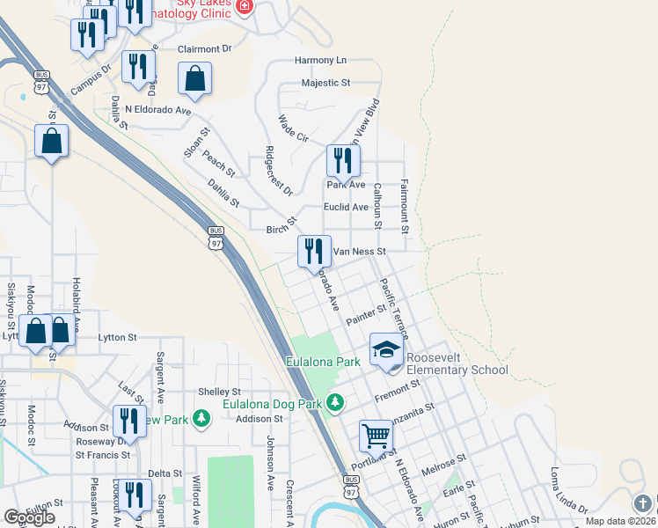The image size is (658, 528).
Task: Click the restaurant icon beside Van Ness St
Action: pyautogui.click(x=314, y=252)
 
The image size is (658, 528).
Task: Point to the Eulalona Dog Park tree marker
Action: pyautogui.click(x=334, y=403)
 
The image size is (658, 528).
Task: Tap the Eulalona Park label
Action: pyautogui.click(x=323, y=362)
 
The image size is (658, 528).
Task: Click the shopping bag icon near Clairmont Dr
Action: pyautogui.click(x=194, y=78)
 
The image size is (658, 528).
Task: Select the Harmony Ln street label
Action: pyautogui.click(x=320, y=61)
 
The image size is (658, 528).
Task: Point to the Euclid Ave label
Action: pyautogui.click(x=347, y=207)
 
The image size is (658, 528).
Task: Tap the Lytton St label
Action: pyautogui.click(x=118, y=337)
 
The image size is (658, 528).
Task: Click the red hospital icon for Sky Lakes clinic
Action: pyautogui.click(x=244, y=8)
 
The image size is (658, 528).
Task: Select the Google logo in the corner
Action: pyautogui.click(x=29, y=517)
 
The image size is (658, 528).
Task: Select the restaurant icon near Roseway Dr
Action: pyautogui.click(x=129, y=422)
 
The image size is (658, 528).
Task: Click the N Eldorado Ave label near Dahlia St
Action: pyautogui.click(x=157, y=111)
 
